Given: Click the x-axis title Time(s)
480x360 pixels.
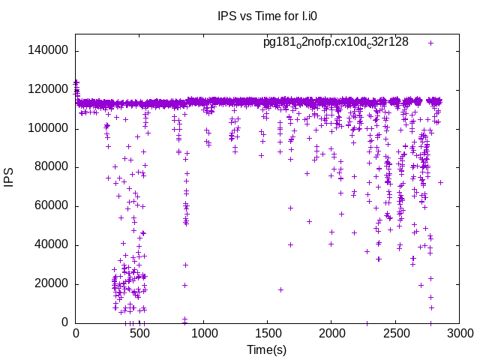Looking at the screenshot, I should point(267,349).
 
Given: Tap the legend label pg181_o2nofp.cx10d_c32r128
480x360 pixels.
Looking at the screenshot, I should point(335,42).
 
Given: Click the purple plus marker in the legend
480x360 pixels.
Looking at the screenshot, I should point(430,43).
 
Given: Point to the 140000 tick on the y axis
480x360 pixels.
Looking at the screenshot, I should point(49,51).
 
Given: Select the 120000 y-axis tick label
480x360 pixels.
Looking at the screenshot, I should point(49,90).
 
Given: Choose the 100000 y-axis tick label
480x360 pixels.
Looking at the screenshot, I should point(49,129).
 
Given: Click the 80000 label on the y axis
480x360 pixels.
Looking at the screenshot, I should point(52,167).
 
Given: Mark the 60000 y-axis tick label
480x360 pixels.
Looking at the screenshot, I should point(52,206).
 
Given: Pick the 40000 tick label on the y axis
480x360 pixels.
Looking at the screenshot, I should point(52,245).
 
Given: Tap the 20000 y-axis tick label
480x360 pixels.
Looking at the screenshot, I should point(52,284).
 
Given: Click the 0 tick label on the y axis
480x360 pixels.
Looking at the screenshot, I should point(67,323).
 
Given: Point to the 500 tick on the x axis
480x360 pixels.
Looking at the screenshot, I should point(139,334).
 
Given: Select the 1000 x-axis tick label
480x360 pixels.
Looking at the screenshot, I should point(203,334).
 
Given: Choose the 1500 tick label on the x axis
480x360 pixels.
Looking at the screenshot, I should point(268,334).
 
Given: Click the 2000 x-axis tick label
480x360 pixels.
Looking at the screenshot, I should point(331,334).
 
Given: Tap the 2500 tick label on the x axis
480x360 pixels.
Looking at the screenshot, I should point(396,334).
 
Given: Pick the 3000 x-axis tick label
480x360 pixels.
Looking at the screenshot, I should point(460,334).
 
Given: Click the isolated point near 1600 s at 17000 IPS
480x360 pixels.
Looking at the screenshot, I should point(280,289).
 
